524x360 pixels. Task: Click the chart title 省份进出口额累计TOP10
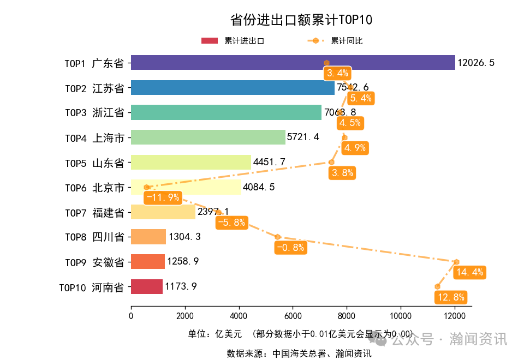pyautogui.click(x=301, y=20)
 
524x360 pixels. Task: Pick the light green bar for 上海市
pyautogui.click(x=208, y=137)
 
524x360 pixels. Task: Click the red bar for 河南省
pyautogui.click(x=147, y=286)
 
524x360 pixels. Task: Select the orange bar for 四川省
pyautogui.click(x=148, y=237)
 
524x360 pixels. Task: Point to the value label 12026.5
pyautogui.click(x=476, y=63)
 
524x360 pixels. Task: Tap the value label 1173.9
pyautogui.click(x=181, y=286)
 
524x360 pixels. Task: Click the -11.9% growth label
pyautogui.click(x=162, y=197)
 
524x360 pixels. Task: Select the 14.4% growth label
pyautogui.click(x=469, y=272)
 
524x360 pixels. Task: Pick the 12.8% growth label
pyautogui.click(x=450, y=297)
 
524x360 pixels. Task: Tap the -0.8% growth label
pyautogui.click(x=290, y=248)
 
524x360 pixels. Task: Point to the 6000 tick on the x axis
pyautogui.click(x=293, y=316)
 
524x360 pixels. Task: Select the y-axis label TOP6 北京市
pyautogui.click(x=94, y=188)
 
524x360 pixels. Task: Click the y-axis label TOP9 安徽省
pyautogui.click(x=94, y=262)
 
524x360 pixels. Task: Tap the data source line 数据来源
pyautogui.click(x=299, y=353)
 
